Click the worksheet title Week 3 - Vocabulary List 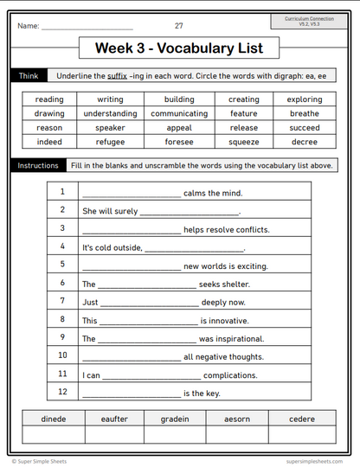179,48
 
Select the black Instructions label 37,165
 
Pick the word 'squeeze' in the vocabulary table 244,142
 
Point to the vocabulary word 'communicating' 179,113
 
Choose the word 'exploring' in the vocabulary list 305,99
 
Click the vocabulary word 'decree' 305,142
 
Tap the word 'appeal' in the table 179,128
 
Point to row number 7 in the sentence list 62,301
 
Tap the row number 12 62,392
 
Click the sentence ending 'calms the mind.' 213,193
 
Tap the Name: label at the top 28,26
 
